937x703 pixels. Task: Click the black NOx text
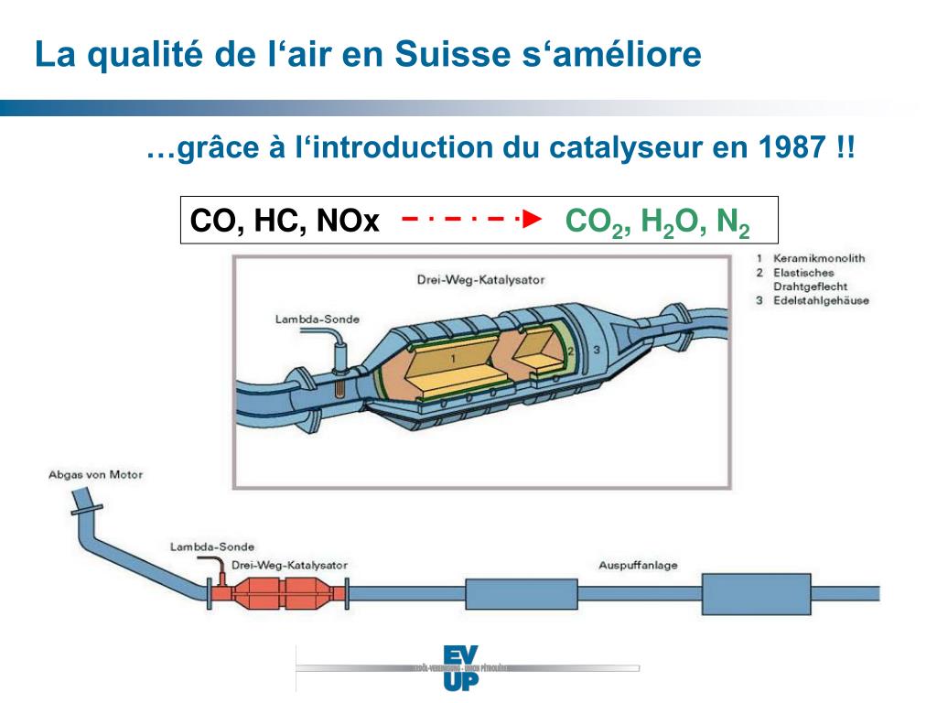click(348, 222)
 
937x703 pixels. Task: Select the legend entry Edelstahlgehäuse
click(821, 300)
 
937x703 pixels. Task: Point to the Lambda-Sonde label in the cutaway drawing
click(317, 319)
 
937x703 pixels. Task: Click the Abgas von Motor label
click(95, 475)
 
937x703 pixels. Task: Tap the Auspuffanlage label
click(638, 565)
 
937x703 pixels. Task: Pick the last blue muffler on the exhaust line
click(756, 595)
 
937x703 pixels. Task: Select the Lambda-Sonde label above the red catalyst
click(212, 547)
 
